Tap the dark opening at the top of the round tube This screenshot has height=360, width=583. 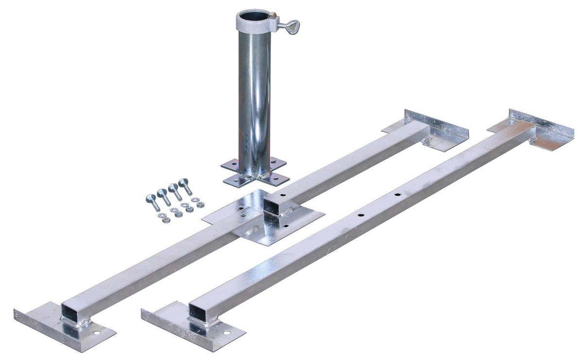(x=253, y=17)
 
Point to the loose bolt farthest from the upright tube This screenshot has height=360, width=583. (x=153, y=202)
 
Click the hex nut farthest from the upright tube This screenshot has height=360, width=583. (x=165, y=220)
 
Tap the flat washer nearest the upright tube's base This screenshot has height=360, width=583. (x=195, y=200)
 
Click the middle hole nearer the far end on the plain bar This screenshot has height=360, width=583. (x=397, y=195)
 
